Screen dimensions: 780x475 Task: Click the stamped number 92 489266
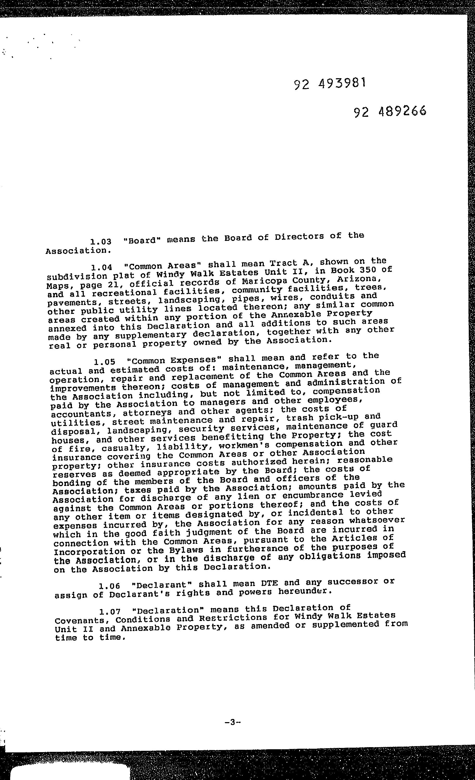(x=390, y=111)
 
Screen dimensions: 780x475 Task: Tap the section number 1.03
(x=101, y=242)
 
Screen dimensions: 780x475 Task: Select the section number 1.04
(x=102, y=267)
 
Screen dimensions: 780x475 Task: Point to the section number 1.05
(x=105, y=362)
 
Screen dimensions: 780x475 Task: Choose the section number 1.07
(x=110, y=611)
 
